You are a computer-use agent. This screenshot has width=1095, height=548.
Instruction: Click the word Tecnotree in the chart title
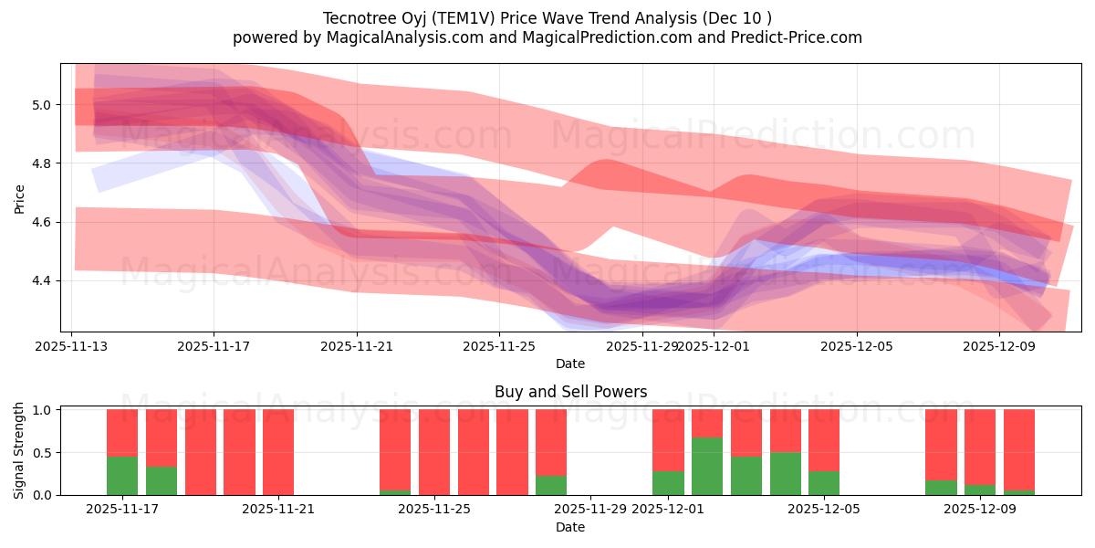(356, 18)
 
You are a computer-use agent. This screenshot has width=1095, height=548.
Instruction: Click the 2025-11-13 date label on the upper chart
(72, 346)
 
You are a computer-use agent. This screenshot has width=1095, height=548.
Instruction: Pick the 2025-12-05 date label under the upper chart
(856, 346)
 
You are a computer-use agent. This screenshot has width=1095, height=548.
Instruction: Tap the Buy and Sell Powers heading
(570, 392)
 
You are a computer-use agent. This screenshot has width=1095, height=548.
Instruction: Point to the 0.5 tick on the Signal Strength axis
(45, 453)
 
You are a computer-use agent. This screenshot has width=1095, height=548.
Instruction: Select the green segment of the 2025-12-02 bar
(707, 466)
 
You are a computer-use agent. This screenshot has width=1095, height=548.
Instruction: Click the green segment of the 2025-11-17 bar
(122, 475)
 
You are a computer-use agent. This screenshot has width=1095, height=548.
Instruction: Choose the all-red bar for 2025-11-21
(278, 452)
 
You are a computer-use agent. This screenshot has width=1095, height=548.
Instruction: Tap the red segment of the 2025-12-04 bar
(786, 430)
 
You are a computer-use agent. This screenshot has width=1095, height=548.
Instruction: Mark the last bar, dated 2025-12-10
(1019, 452)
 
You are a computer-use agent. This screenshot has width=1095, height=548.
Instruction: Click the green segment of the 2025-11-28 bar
(551, 485)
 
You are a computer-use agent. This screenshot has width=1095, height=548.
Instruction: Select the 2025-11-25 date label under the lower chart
(434, 509)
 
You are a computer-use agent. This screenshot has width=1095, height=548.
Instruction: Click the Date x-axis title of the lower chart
(570, 527)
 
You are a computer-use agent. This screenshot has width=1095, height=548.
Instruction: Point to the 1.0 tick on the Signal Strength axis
(45, 410)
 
